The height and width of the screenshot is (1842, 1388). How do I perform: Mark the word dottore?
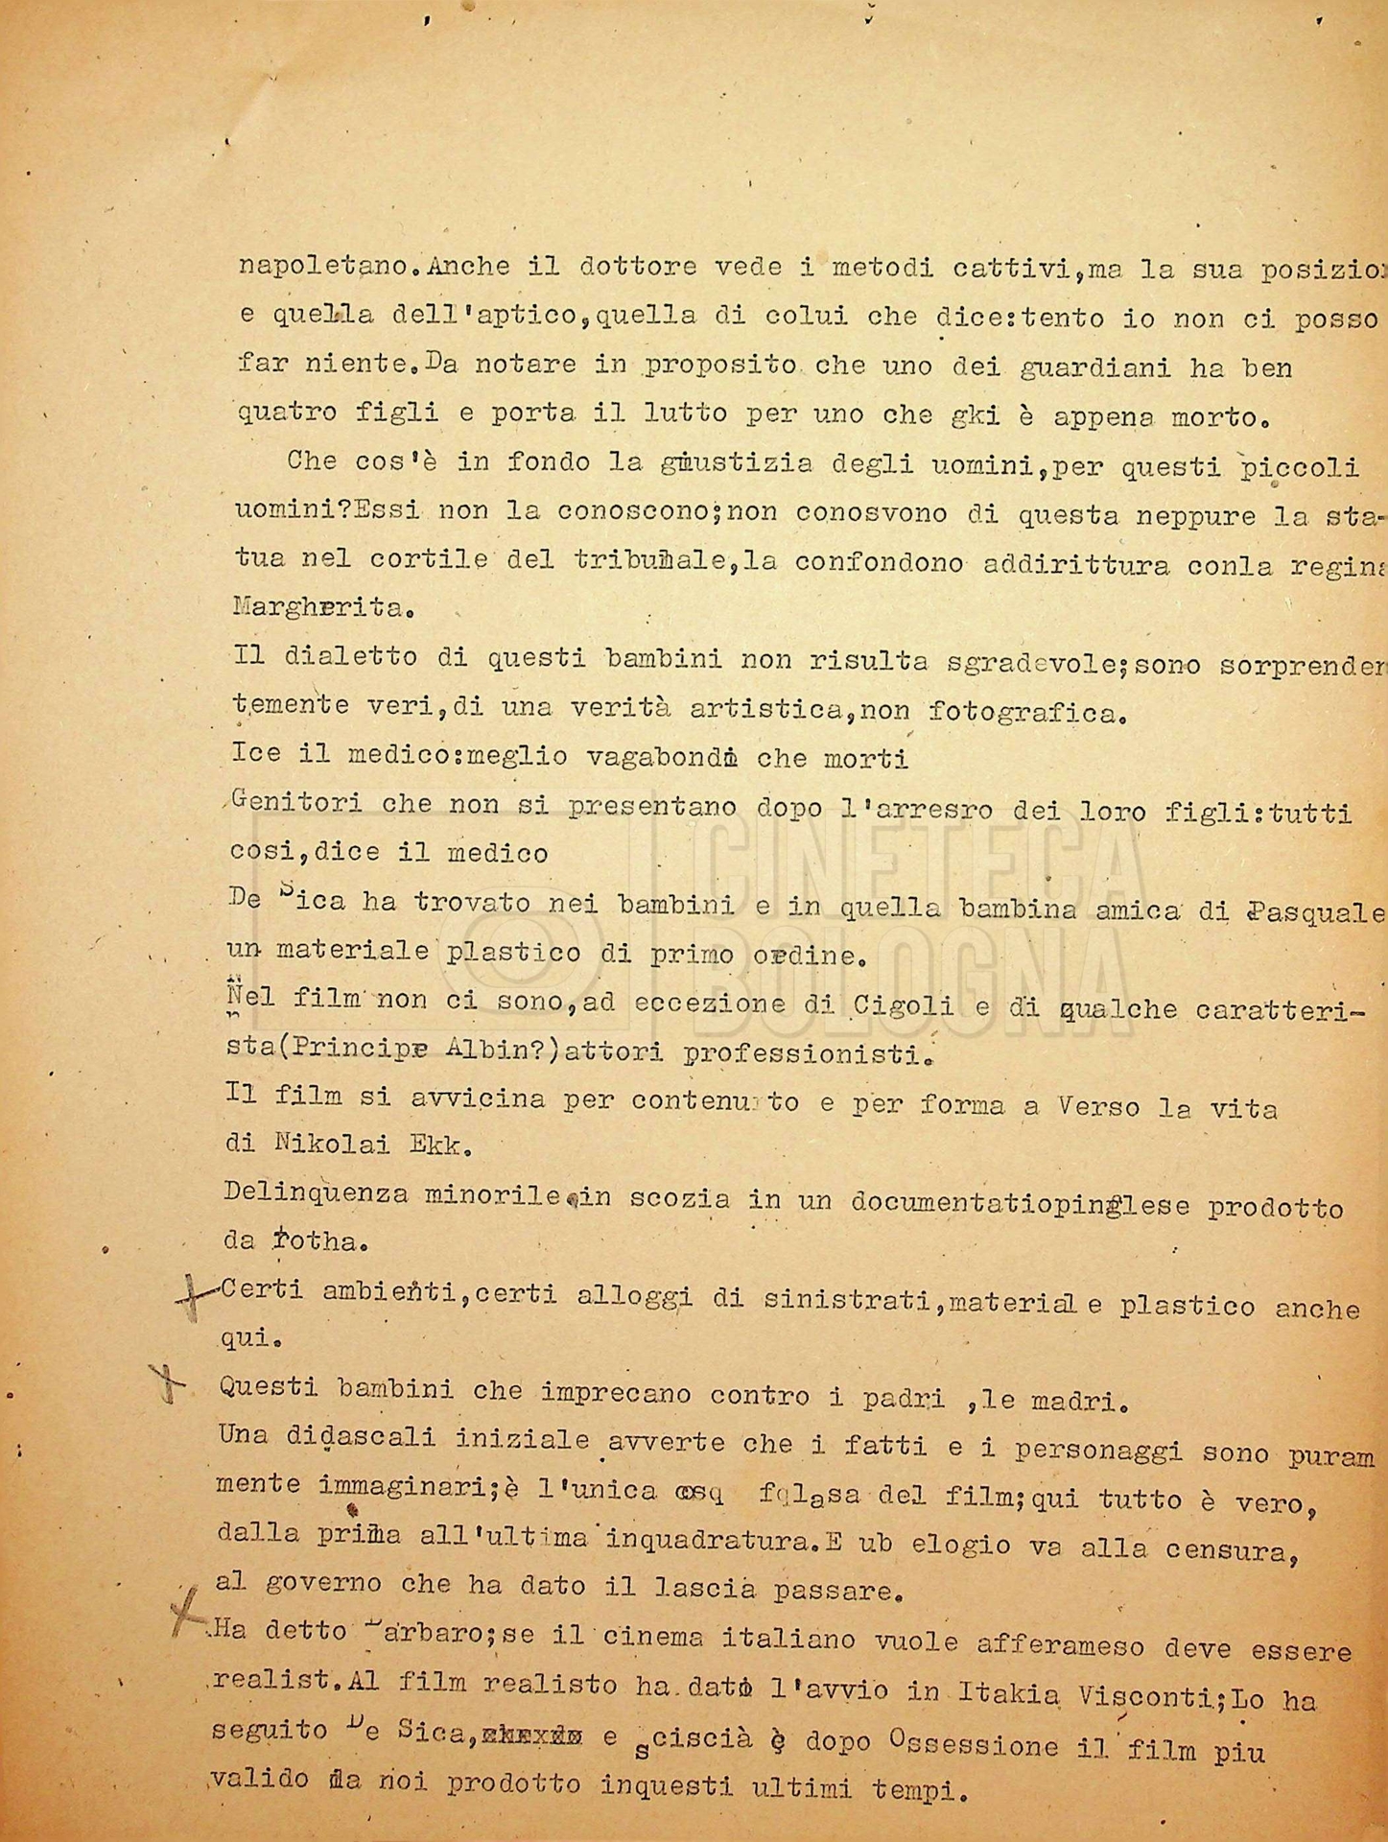tap(639, 268)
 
